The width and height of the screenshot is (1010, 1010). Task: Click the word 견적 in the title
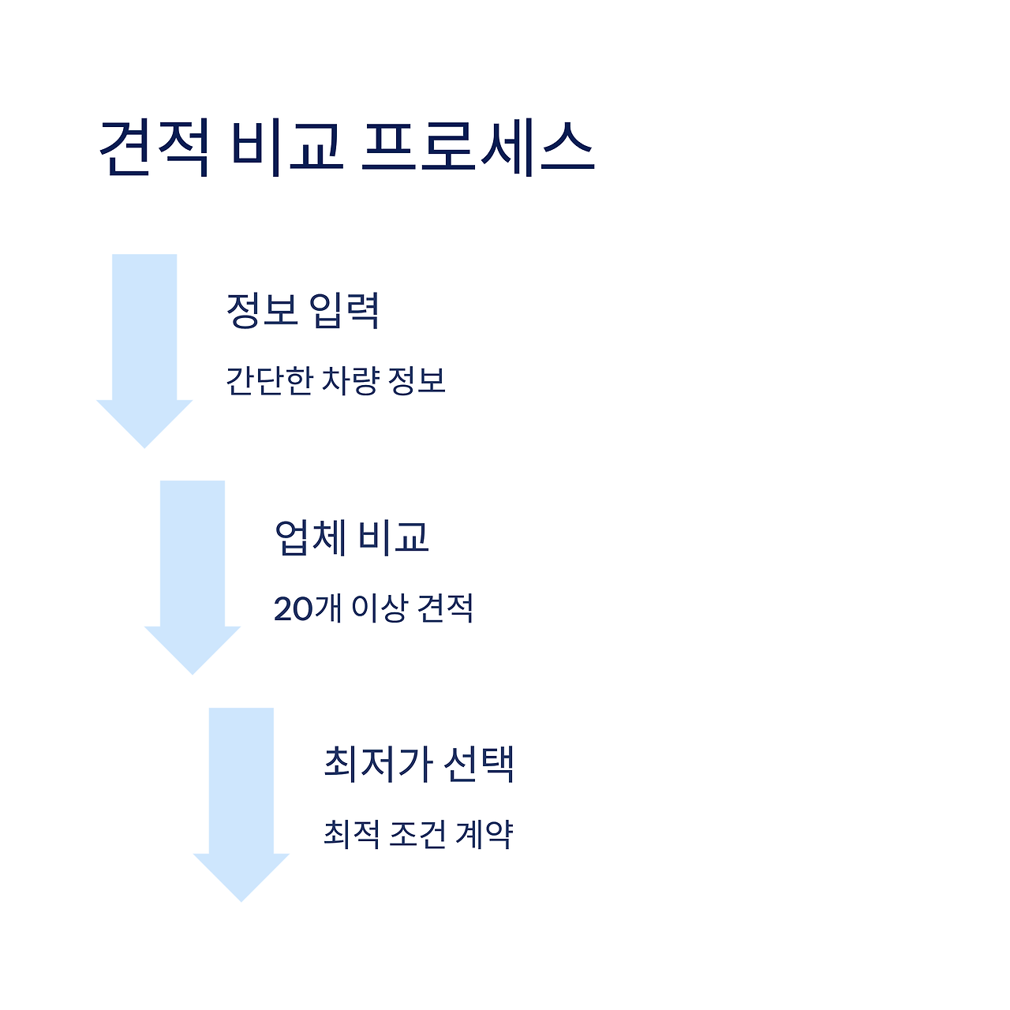coord(155,148)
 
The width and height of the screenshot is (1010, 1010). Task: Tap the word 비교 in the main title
coord(287,148)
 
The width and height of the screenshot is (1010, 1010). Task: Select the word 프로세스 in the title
coord(477,148)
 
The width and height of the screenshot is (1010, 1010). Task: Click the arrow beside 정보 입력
coord(144,347)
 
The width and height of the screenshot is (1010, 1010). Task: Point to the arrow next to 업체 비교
coord(193,574)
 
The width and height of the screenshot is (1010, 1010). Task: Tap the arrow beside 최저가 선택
coord(241,801)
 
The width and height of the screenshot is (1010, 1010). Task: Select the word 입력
coord(344,310)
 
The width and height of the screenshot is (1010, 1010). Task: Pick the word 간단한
coord(269,381)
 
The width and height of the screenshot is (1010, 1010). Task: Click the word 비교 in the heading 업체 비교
coord(393,537)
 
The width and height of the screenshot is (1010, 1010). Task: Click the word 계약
coord(484,835)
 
